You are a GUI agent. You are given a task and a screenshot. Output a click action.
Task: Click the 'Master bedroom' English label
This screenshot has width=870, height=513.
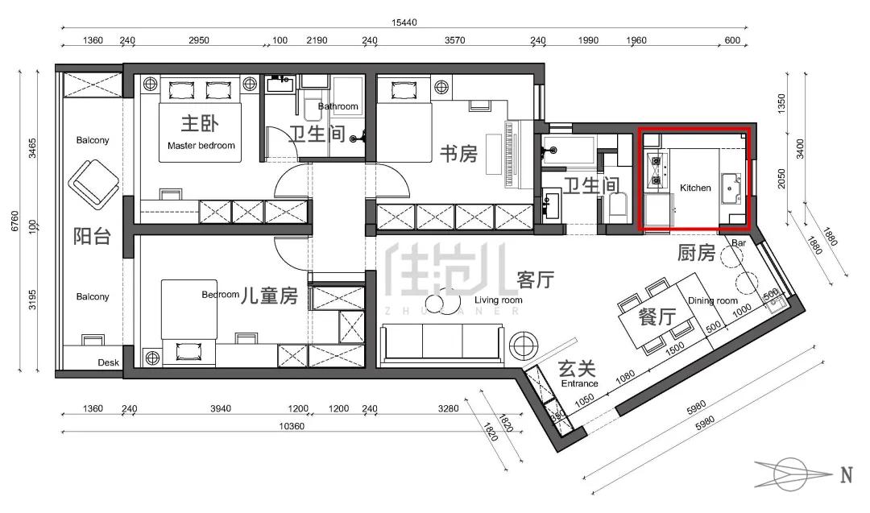201,146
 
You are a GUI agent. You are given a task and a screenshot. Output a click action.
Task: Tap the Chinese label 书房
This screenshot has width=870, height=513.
458,154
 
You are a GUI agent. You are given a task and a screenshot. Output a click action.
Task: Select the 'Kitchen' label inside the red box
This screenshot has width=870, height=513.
695,188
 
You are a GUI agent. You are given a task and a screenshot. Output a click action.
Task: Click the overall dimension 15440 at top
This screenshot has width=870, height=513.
404,24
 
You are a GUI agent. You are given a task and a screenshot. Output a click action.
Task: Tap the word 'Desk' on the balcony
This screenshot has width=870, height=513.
108,362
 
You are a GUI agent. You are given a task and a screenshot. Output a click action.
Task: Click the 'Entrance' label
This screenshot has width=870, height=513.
579,383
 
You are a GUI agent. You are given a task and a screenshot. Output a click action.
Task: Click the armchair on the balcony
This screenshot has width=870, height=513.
93,184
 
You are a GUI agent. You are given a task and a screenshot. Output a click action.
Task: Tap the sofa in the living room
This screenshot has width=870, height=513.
442,341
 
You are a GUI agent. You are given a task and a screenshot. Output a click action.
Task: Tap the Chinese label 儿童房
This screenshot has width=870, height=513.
270,297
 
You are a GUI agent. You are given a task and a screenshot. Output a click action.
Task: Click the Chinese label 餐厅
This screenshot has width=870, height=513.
656,317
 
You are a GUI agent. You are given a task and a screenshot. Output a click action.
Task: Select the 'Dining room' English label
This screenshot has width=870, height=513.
713,301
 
